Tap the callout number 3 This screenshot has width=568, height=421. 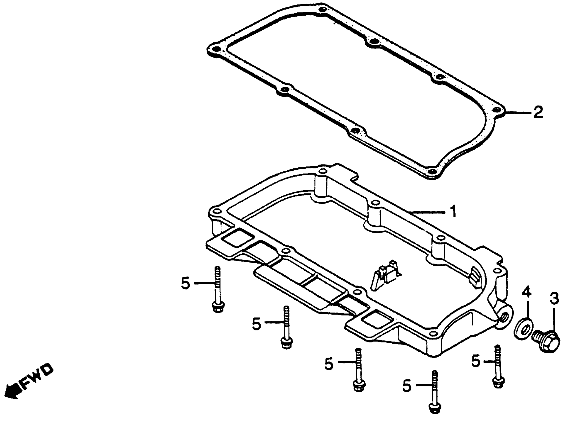pyautogui.click(x=554, y=299)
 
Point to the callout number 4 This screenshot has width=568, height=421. pyautogui.click(x=526, y=292)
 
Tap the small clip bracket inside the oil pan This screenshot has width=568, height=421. pyautogui.click(x=386, y=278)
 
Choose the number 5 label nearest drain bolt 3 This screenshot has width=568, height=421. pyautogui.click(x=476, y=361)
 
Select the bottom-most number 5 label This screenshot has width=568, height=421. pyautogui.click(x=407, y=386)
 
